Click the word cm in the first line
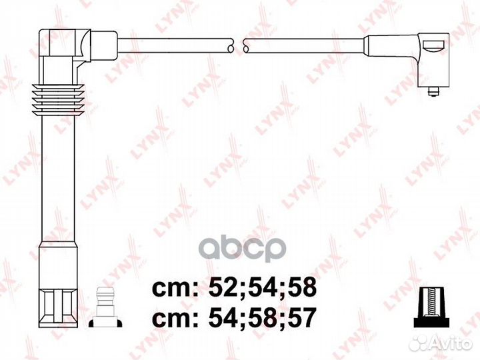[172, 289]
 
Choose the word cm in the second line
[172, 319]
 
